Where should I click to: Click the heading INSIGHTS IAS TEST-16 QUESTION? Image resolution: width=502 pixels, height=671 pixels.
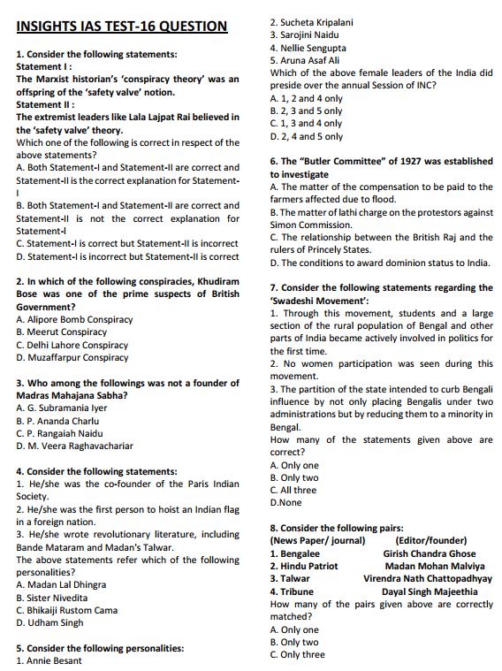point(122,26)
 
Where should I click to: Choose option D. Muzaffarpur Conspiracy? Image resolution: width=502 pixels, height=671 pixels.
point(72,357)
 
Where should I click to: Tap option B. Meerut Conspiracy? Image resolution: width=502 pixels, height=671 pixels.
point(61,332)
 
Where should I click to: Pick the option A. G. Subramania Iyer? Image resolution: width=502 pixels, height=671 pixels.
point(62,408)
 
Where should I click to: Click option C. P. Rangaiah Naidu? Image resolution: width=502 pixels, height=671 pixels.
point(59,433)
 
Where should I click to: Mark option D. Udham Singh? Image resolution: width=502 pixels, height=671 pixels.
point(49,622)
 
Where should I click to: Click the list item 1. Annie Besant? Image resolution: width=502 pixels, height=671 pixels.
point(49,660)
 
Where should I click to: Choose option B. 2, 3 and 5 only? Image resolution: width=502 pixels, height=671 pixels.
point(306,111)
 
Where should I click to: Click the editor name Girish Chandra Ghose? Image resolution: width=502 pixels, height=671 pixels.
point(429,553)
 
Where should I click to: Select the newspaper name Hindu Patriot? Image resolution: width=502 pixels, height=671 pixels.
point(304,566)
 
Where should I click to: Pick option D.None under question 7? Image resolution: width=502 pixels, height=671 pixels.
point(285,502)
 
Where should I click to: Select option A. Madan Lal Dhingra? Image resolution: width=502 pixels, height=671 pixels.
point(61,584)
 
